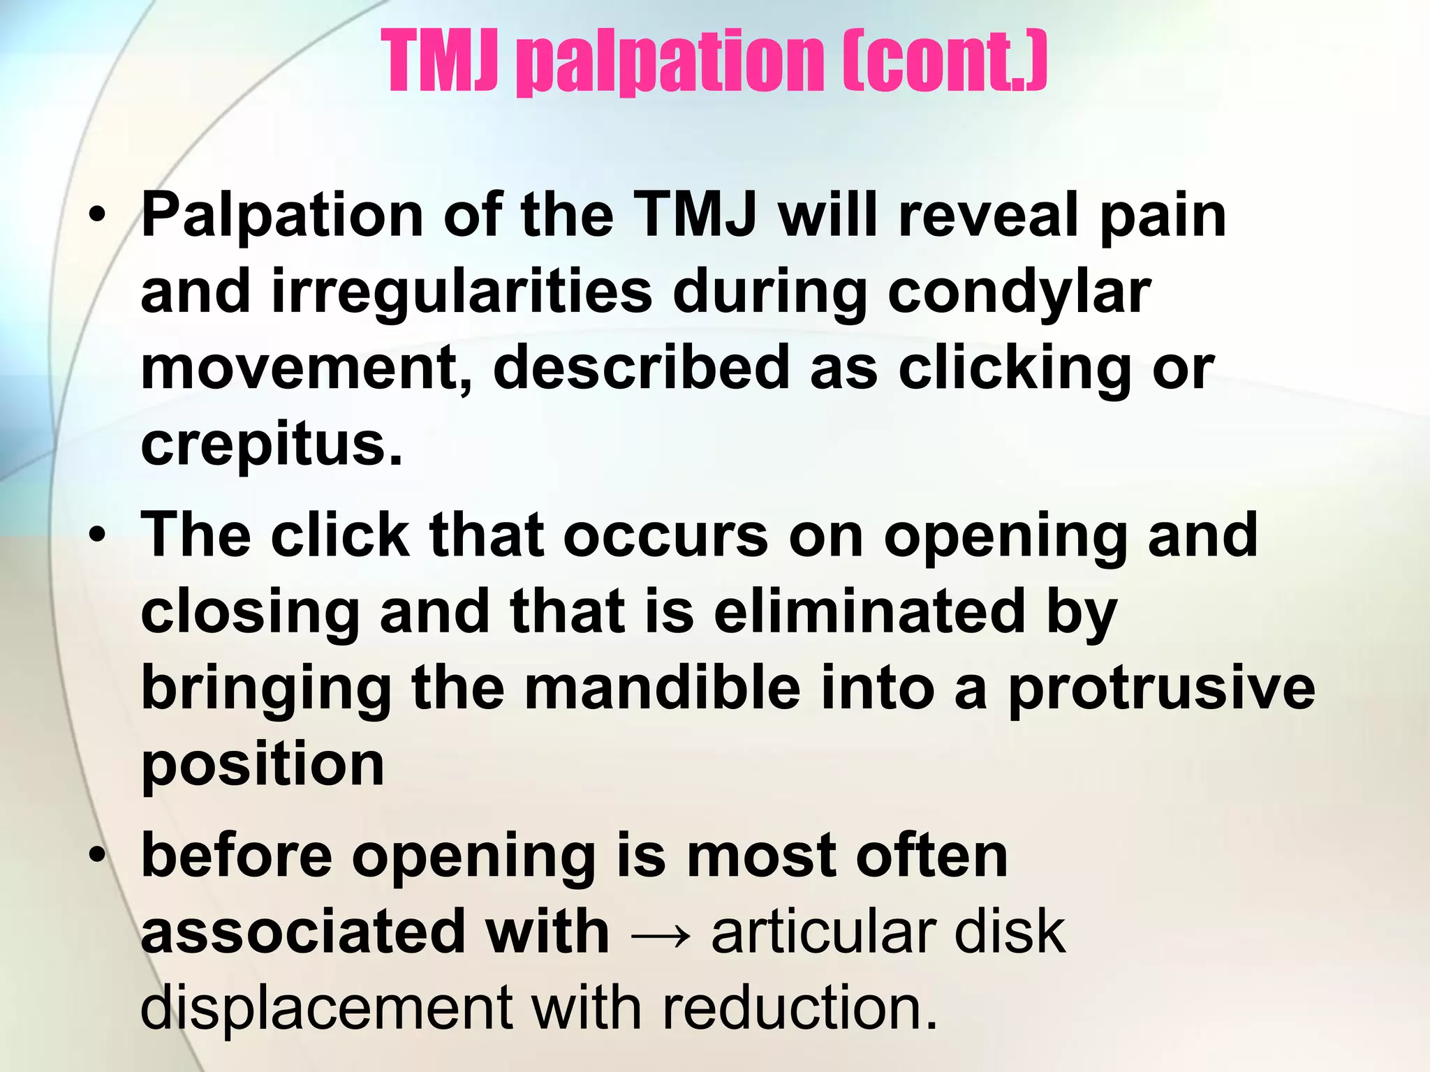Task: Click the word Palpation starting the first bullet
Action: [x=282, y=216]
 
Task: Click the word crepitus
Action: [x=272, y=445]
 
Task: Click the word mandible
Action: [x=663, y=688]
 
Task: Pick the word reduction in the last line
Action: [x=799, y=1008]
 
